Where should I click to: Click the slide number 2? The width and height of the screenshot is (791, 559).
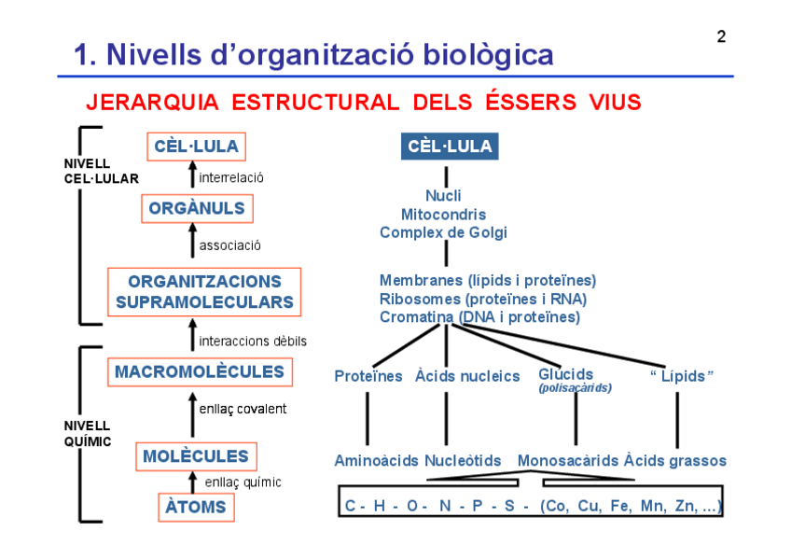(x=721, y=37)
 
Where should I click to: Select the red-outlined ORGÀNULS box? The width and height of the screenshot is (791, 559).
(x=197, y=208)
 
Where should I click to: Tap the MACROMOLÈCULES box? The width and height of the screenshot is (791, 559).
(x=199, y=371)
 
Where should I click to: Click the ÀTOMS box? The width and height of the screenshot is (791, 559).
(x=196, y=507)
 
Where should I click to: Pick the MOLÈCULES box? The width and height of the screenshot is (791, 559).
(x=196, y=456)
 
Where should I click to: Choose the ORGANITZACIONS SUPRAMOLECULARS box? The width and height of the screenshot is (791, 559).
(x=204, y=292)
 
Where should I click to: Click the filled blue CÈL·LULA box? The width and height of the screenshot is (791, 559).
(x=450, y=147)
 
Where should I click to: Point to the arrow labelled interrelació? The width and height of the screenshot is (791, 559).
(x=193, y=176)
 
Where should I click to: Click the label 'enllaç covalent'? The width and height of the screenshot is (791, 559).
(x=243, y=409)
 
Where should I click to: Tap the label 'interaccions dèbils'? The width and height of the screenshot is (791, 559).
(x=252, y=342)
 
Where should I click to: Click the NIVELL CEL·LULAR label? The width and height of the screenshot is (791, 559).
(x=101, y=171)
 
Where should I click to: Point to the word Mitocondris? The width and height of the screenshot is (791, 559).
(x=444, y=215)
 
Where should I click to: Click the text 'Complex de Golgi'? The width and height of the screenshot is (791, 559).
(x=444, y=232)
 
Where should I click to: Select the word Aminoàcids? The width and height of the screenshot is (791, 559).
(x=377, y=461)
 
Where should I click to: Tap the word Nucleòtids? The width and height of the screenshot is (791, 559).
(x=463, y=461)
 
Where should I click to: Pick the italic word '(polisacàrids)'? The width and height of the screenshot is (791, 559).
(x=575, y=388)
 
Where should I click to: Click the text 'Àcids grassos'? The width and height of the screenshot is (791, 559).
(x=675, y=461)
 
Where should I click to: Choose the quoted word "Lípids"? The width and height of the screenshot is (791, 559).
(x=682, y=376)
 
